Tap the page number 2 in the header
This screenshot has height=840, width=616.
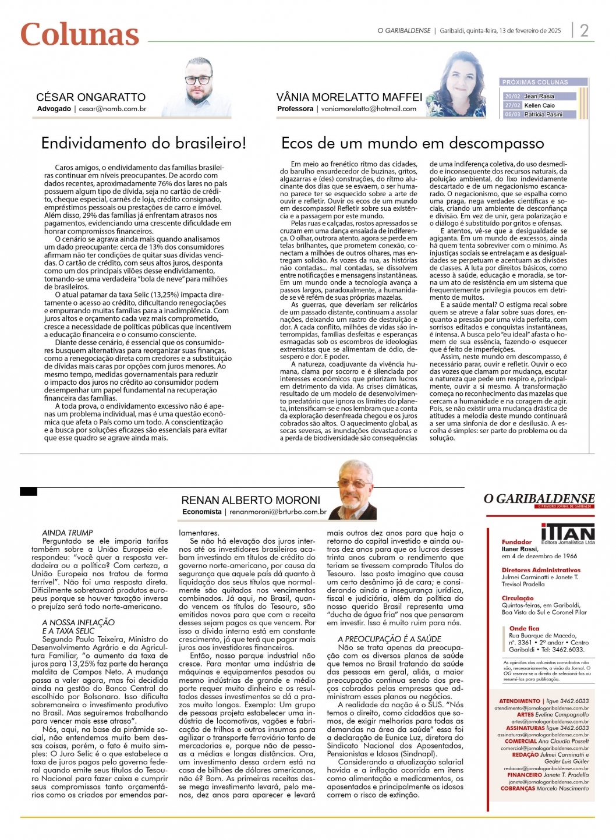[x=584, y=30]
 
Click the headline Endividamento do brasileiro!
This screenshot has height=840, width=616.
[x=144, y=143]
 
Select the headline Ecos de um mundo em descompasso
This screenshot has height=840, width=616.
[x=412, y=143]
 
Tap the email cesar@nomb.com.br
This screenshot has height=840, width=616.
[x=112, y=109]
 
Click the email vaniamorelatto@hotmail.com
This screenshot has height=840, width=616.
[x=369, y=109]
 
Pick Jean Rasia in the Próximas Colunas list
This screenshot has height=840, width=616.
[x=539, y=97]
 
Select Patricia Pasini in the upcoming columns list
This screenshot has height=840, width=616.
[x=543, y=115]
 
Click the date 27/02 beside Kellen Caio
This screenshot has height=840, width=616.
[x=512, y=105]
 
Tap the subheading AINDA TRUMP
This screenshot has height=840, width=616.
[x=68, y=533]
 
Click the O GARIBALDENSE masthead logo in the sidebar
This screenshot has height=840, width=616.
[x=539, y=499]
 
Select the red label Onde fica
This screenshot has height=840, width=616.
[x=524, y=629]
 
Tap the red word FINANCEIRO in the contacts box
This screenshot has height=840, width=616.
[x=525, y=775]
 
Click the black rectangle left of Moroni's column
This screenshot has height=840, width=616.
[x=29, y=492]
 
